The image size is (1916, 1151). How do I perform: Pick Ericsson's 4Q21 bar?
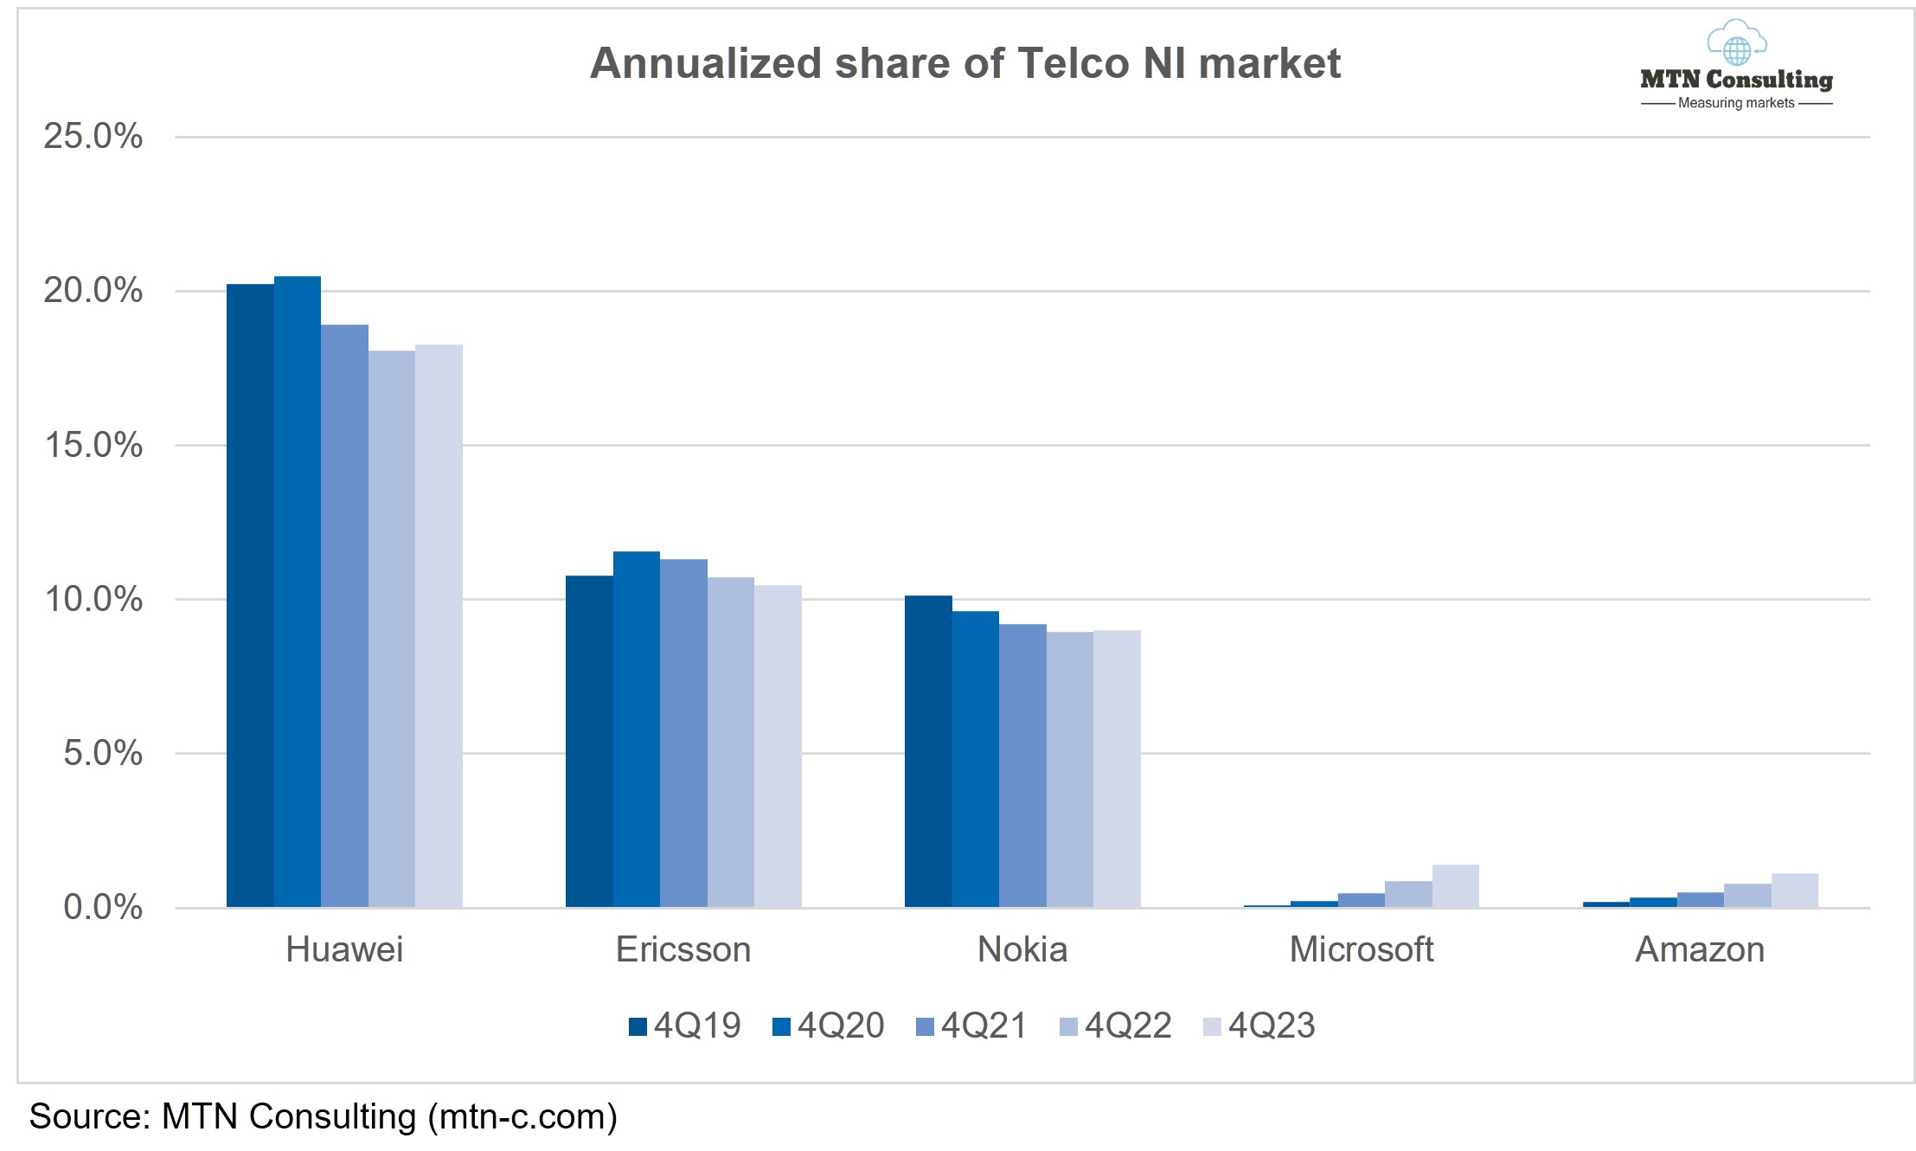pyautogui.click(x=683, y=733)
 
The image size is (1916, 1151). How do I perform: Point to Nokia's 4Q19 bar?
pyautogui.click(x=928, y=751)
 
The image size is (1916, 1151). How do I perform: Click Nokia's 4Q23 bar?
pyautogui.click(x=1117, y=768)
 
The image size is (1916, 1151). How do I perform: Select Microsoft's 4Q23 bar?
pyautogui.click(x=1455, y=886)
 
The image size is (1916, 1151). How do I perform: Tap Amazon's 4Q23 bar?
pyautogui.click(x=1794, y=891)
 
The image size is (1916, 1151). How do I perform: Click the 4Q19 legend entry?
pyautogui.click(x=685, y=1026)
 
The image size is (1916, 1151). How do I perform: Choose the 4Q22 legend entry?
pyautogui.click(x=1116, y=1026)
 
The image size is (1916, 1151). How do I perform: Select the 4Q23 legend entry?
pyautogui.click(x=1259, y=1026)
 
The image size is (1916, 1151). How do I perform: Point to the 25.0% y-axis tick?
pyautogui.click(x=93, y=137)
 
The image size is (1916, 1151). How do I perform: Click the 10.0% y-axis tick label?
pyautogui.click(x=93, y=599)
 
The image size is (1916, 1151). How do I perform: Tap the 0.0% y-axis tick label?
pyautogui.click(x=103, y=907)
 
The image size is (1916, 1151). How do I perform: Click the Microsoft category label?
pyautogui.click(x=1361, y=950)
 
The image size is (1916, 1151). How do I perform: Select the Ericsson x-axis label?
pyautogui.click(x=683, y=950)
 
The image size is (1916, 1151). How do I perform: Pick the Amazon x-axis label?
pyautogui.click(x=1700, y=950)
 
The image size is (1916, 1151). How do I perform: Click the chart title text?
pyautogui.click(x=964, y=63)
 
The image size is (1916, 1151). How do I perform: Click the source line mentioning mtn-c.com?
pyautogui.click(x=324, y=1116)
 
